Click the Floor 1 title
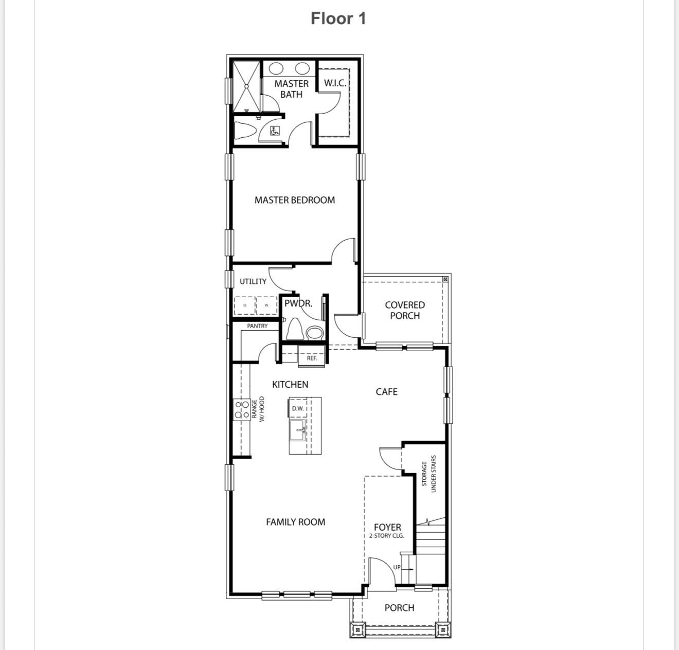pos(338,19)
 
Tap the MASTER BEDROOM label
pos(294,200)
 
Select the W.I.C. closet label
pos(335,83)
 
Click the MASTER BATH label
pos(291,89)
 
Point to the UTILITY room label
pos(253,281)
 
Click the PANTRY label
pos(257,326)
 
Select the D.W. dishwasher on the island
pos(298,408)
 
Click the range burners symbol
pos(242,410)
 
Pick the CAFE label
pos(386,392)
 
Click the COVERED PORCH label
pos(405,310)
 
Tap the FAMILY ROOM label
pos(295,522)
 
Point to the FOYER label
pos(387,528)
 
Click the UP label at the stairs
pos(397,567)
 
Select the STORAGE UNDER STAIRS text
pos(428,474)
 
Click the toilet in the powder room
pos(294,329)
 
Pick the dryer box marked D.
pos(245,305)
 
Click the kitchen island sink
pos(297,430)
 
